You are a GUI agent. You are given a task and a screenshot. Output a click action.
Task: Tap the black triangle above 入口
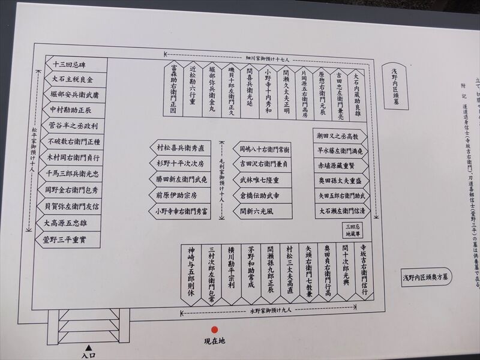pyautogui.click(x=88, y=347)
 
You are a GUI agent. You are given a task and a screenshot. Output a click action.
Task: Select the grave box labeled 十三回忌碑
pyautogui.click(x=76, y=65)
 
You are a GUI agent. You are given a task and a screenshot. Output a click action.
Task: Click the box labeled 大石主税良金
pyautogui.click(x=76, y=79)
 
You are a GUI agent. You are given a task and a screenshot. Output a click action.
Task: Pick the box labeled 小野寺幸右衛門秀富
pyautogui.click(x=180, y=211)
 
